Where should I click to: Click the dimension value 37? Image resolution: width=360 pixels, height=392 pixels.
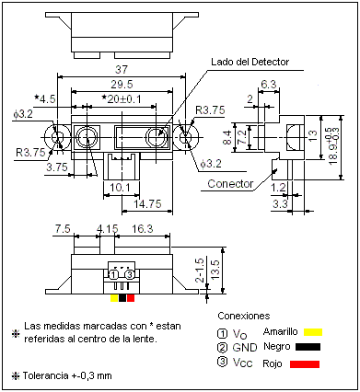click(122, 69)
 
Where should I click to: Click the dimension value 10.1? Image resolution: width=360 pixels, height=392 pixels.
click(120, 189)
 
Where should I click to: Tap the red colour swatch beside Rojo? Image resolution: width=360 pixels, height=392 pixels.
click(306, 364)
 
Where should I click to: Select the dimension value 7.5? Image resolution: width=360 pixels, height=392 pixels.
click(64, 228)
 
